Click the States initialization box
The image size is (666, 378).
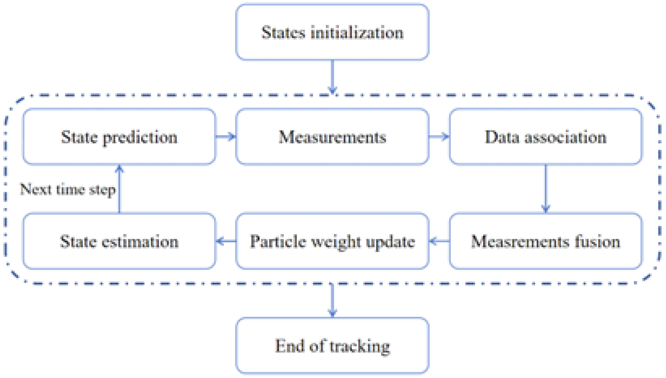click(332, 32)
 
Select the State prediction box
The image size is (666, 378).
click(119, 137)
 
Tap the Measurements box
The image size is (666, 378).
click(332, 137)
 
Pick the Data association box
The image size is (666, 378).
click(546, 137)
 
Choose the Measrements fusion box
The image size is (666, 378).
click(546, 241)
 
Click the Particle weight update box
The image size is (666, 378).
click(332, 241)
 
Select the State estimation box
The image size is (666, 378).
click(119, 241)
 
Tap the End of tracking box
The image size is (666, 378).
click(332, 346)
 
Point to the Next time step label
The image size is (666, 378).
click(67, 190)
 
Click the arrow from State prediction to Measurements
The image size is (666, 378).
click(226, 136)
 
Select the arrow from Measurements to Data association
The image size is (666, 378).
click(439, 136)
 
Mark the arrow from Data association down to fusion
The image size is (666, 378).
click(546, 189)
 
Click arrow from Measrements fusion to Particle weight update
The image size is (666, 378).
click(439, 241)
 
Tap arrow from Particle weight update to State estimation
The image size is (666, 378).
click(226, 241)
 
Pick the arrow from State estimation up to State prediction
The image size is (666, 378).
click(119, 189)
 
